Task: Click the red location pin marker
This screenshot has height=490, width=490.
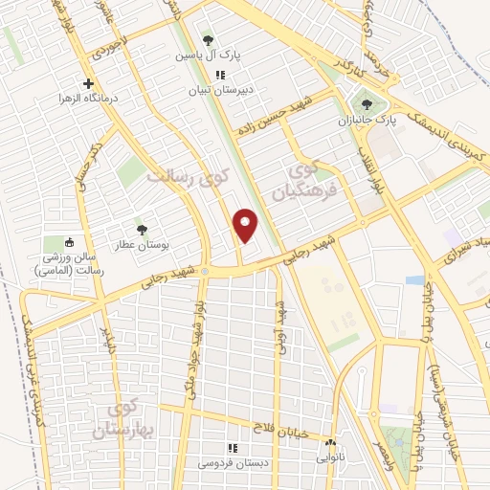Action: (x=247, y=225)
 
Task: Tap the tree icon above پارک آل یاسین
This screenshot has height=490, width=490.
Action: (x=208, y=40)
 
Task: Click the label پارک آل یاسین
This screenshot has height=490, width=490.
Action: (x=208, y=56)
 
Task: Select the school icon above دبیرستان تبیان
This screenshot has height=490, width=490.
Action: (x=220, y=75)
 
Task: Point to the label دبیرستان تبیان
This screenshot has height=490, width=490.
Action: (x=220, y=91)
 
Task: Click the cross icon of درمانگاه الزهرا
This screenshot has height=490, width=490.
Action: (x=89, y=83)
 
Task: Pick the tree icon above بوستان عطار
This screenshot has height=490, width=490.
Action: (x=142, y=230)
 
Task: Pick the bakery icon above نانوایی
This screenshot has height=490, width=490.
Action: (x=331, y=443)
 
